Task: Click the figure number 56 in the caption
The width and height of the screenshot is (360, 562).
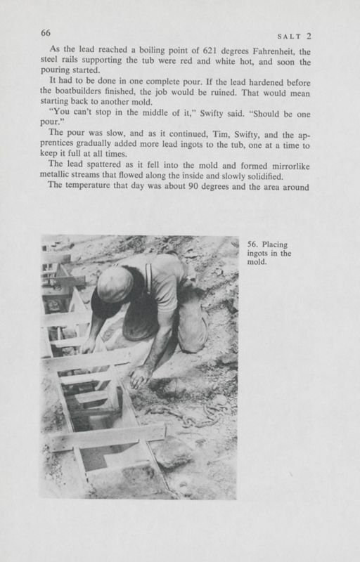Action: pos(252,245)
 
